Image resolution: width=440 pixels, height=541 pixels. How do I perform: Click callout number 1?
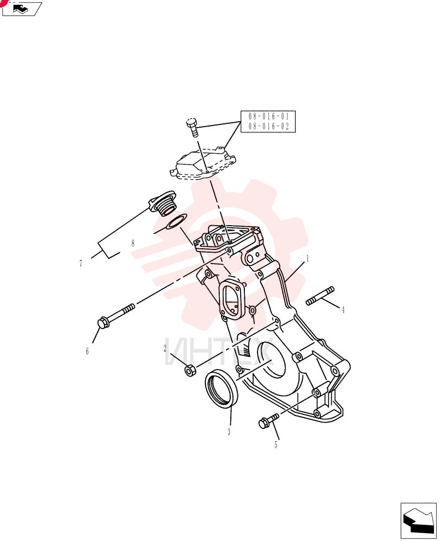307,259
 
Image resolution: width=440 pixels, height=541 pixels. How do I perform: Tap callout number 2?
165,348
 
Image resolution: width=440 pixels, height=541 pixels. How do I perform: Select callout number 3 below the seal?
229,432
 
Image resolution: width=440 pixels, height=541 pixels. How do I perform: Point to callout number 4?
343,310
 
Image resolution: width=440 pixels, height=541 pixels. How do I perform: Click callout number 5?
276,445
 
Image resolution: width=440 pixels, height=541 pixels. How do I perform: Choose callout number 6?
87,351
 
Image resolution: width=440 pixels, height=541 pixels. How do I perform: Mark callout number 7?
81,263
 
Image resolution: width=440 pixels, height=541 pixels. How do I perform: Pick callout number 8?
133,243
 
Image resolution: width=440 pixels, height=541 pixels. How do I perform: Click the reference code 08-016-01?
269,116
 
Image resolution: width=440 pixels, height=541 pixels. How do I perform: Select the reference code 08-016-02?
269,126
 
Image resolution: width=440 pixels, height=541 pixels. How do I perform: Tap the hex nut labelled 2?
190,371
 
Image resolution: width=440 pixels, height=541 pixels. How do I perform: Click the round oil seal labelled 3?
222,388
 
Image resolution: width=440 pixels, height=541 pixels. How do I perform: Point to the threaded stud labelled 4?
320,296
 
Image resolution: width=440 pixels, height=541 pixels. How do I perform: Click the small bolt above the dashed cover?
192,127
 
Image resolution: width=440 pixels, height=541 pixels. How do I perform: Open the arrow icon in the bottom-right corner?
418,520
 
